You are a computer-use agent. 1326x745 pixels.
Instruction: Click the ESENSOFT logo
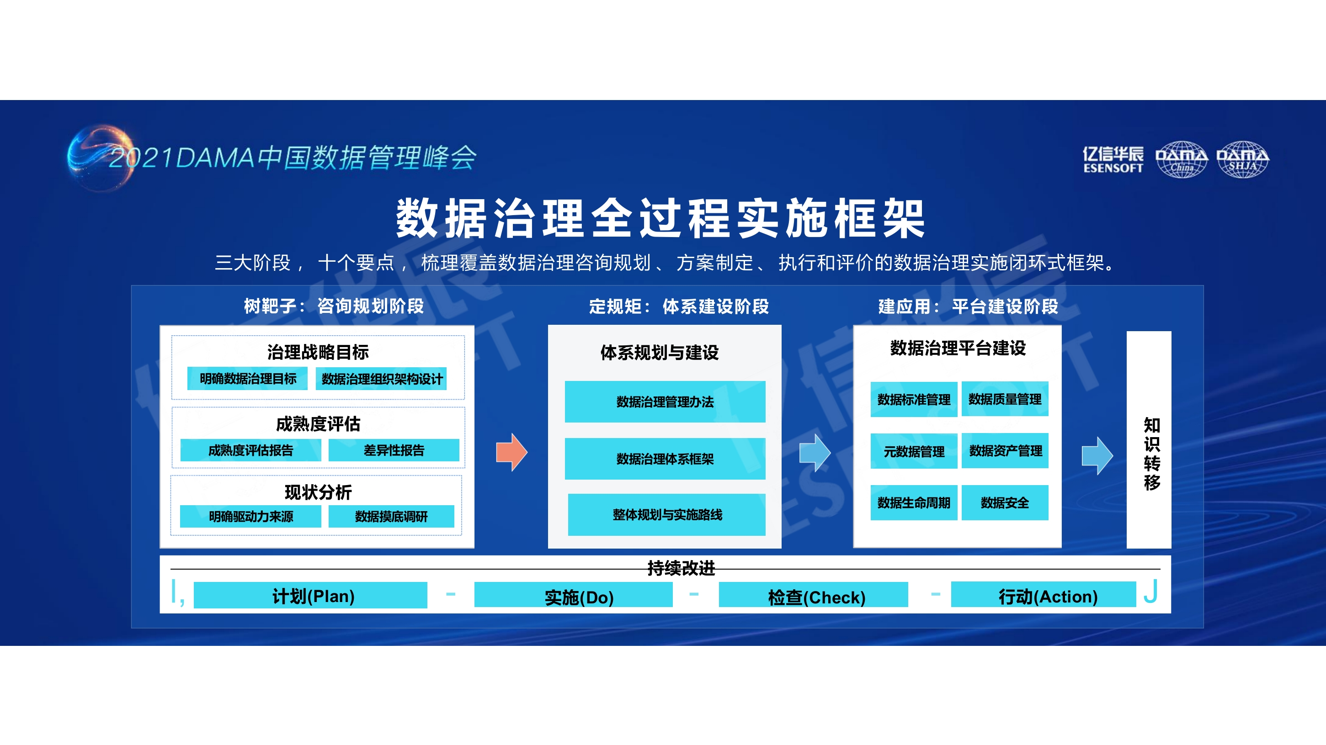(x=1113, y=159)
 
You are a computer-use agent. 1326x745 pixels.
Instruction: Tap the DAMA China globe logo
(x=1182, y=159)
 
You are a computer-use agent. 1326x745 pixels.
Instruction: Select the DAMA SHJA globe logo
(x=1243, y=159)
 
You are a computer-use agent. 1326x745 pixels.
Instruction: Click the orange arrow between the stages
(x=511, y=452)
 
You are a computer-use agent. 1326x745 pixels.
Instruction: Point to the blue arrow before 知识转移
(x=1097, y=455)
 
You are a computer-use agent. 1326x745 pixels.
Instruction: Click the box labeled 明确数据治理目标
(x=248, y=379)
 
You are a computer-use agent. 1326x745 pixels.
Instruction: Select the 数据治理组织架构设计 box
(x=381, y=379)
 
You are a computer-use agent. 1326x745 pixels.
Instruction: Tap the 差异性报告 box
(x=394, y=450)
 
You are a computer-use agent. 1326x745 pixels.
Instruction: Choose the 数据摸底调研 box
(x=391, y=516)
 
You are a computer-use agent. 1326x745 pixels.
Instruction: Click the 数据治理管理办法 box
(x=665, y=402)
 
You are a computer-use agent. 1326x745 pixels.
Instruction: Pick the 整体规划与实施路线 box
(x=666, y=514)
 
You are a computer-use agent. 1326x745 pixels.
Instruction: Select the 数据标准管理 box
(x=914, y=399)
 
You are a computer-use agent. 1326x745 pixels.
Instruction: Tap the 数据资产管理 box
(x=1005, y=451)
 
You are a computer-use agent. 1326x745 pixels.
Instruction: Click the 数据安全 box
(x=1005, y=502)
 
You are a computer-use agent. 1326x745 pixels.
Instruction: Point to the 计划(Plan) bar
(x=310, y=595)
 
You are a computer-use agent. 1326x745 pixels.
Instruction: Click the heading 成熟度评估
(x=318, y=424)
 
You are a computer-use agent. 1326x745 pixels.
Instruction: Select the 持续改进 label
(x=681, y=568)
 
